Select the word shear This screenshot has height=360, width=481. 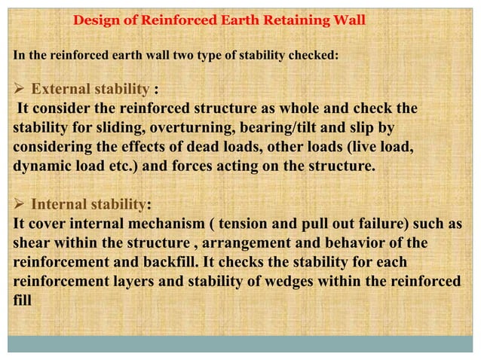point(31,243)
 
